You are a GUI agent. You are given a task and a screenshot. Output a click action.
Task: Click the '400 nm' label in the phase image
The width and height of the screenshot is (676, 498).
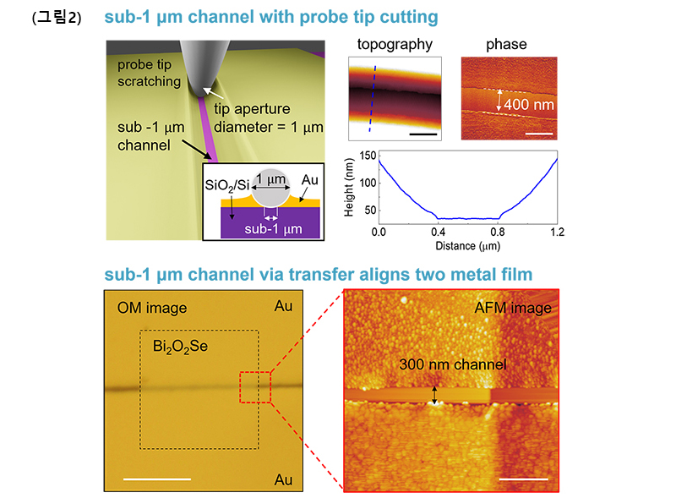(x=529, y=105)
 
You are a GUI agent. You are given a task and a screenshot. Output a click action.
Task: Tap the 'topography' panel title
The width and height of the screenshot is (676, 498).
(x=395, y=45)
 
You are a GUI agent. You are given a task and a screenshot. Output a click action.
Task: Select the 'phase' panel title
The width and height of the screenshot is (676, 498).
(x=506, y=45)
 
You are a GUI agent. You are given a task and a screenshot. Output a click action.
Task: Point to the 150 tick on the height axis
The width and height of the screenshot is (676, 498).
(x=368, y=156)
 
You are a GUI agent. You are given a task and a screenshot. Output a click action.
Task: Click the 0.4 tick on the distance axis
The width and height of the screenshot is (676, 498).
(x=438, y=233)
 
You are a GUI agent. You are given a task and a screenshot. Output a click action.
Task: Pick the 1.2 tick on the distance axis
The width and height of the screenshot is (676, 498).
(x=557, y=233)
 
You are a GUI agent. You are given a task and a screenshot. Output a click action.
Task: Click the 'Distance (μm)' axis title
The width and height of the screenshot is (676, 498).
(x=468, y=246)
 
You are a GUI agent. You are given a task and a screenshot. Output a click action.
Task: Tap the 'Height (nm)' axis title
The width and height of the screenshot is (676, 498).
(x=349, y=188)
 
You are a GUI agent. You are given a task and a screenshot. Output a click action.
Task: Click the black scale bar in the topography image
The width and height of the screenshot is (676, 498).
(x=423, y=134)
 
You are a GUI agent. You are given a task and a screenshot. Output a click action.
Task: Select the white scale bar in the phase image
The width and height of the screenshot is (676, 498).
(x=539, y=134)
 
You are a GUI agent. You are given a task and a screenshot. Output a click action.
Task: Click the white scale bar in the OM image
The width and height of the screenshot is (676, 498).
(x=157, y=479)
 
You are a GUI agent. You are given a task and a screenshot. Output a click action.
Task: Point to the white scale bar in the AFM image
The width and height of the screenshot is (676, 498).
(x=523, y=479)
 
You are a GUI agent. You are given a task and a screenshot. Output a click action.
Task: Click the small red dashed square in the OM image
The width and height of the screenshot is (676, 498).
(x=255, y=387)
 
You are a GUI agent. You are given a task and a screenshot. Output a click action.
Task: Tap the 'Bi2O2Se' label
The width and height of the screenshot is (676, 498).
(x=180, y=347)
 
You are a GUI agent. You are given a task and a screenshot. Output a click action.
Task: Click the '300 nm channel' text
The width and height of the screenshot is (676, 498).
(x=453, y=364)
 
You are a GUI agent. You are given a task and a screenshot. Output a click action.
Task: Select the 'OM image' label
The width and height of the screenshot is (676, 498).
(x=152, y=308)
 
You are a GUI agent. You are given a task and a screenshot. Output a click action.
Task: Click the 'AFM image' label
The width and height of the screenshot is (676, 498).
(x=513, y=308)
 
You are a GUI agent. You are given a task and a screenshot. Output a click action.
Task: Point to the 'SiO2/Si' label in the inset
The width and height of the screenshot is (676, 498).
(x=227, y=185)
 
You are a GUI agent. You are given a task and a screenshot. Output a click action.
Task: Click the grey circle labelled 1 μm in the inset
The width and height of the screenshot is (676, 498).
(x=270, y=188)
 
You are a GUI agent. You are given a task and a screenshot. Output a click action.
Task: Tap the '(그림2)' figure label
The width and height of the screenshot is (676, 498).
(x=57, y=17)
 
